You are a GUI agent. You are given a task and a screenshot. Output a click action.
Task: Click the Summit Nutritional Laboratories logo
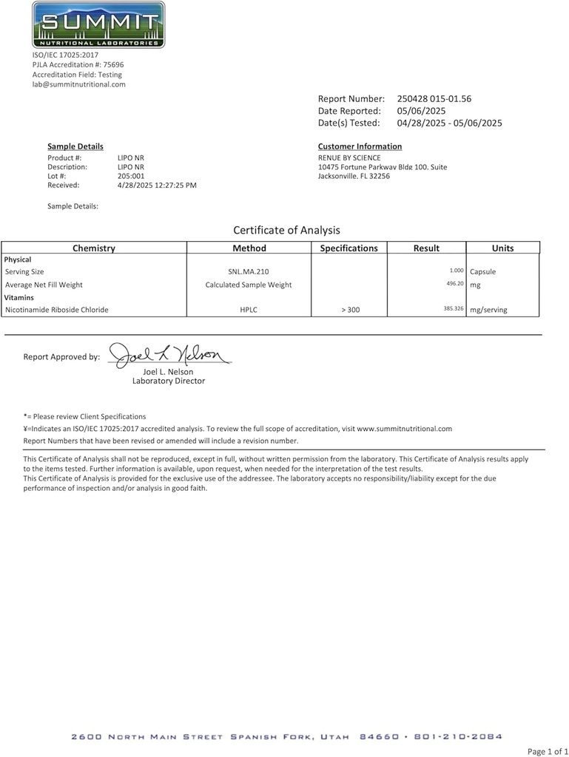[x=99, y=25]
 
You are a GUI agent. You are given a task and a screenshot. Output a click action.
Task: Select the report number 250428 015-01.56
[x=434, y=98]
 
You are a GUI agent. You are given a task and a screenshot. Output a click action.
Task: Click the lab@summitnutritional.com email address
[x=79, y=84]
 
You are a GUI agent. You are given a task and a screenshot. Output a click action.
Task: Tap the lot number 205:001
[x=132, y=176]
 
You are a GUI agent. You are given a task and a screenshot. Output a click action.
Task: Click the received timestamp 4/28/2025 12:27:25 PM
[x=157, y=185]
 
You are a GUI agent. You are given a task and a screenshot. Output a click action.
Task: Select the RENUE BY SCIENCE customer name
[x=349, y=158]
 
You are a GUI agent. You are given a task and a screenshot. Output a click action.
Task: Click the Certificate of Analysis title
[x=286, y=230]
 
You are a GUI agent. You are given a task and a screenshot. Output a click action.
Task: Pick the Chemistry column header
[x=94, y=248]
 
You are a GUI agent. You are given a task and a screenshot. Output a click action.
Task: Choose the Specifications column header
[x=349, y=248]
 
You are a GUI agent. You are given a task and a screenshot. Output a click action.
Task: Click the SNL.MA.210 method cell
[x=249, y=272]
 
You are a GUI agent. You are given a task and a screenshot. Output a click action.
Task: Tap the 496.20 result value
[x=454, y=283]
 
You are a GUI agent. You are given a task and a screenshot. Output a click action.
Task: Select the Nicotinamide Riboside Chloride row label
[x=56, y=310]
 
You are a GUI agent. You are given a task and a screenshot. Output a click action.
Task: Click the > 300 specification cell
[x=350, y=310]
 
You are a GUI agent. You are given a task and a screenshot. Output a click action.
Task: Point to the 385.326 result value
[x=453, y=308]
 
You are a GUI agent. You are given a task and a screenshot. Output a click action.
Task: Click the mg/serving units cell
[x=488, y=310]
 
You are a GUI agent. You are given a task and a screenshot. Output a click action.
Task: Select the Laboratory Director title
[x=169, y=381]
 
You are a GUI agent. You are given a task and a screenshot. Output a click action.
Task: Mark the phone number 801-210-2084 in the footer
[x=459, y=737]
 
